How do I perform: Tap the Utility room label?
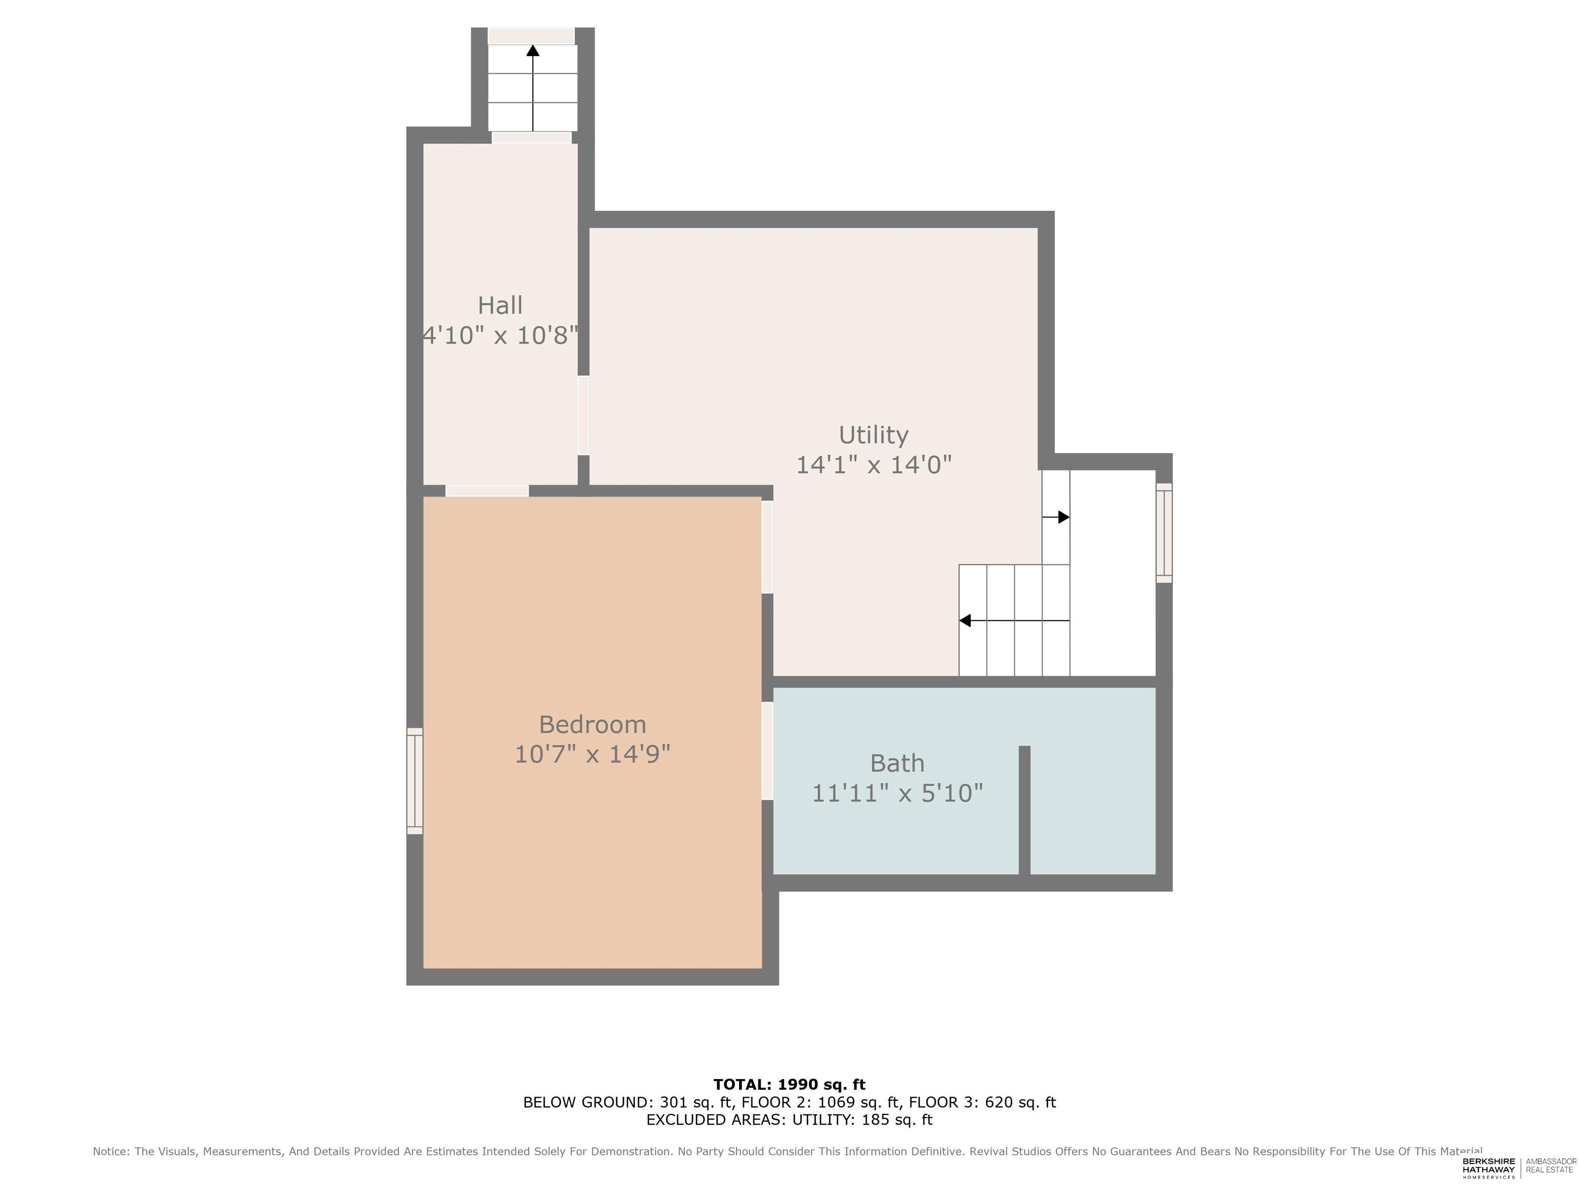pos(873,435)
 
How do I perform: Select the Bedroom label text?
pos(593,725)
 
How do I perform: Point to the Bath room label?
pos(897,763)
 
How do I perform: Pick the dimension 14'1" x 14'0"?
pos(874,465)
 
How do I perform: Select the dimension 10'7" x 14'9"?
pos(593,754)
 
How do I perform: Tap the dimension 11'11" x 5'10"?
pos(897,793)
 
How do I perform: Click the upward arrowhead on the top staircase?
pos(533,50)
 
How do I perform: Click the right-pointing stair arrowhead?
pos(1063,516)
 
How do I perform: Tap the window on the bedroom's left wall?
pos(415,781)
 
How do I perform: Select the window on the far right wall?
pos(1164,532)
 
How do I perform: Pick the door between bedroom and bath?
pos(767,751)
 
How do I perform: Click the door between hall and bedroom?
pos(487,490)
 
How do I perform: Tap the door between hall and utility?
pos(583,415)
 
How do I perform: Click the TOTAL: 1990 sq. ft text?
pos(789,1085)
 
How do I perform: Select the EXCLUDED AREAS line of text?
pos(789,1120)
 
